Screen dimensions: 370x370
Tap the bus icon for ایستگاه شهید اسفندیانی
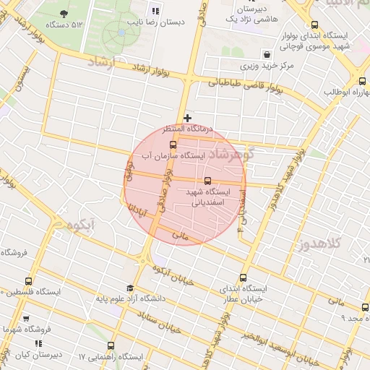click(208, 181)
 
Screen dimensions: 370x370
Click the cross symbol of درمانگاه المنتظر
click(188, 117)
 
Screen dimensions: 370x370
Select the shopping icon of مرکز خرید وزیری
click(267, 54)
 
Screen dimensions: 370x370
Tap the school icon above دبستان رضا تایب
click(155, 10)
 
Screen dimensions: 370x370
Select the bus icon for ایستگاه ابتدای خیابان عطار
click(242, 277)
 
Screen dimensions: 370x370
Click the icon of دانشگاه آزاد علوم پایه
click(130, 288)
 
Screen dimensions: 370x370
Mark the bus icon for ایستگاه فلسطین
click(28, 281)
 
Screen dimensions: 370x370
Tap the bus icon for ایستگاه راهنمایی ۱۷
click(111, 346)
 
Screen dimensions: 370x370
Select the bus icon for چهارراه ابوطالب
click(361, 81)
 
